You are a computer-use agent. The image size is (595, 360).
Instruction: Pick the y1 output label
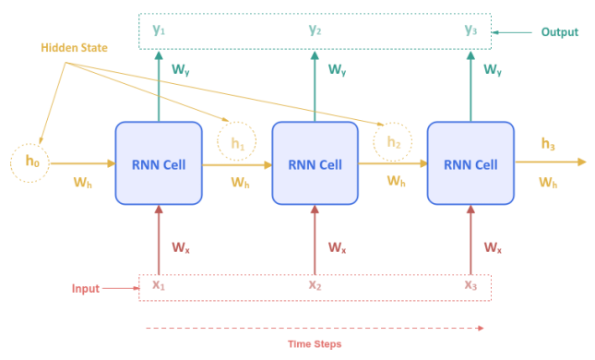[160, 30]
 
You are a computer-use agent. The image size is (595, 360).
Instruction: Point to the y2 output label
[315, 30]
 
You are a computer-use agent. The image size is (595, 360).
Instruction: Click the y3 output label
[471, 30]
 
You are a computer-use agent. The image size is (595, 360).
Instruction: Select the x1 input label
[159, 285]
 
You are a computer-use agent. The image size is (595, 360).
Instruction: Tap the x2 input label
[315, 285]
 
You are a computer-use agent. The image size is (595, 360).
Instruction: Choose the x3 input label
[471, 285]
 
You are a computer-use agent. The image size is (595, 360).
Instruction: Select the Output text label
[560, 32]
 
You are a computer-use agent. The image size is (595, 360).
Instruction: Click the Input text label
[86, 289]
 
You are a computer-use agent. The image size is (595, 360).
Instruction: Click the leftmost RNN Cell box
[158, 163]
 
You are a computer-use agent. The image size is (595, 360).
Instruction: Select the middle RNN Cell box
[315, 163]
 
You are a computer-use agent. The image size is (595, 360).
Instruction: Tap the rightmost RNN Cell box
[470, 163]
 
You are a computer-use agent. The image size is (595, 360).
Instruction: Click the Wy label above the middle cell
[338, 70]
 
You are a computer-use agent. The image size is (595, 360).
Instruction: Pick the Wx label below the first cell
[181, 247]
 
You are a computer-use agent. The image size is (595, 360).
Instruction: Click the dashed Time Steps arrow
[314, 327]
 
